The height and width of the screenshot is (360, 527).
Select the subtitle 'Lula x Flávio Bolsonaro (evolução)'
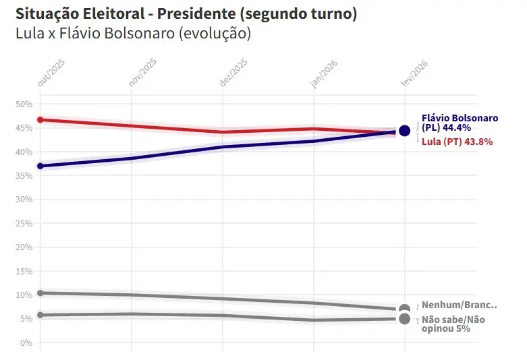(133, 33)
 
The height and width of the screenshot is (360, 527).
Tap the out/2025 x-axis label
(50, 71)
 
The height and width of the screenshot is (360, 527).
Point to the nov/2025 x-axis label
(142, 71)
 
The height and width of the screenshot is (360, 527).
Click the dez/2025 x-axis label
(233, 71)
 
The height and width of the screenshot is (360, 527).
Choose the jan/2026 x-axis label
(324, 71)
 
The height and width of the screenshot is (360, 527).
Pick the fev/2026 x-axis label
(414, 71)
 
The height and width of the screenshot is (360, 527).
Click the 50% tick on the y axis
(24, 104)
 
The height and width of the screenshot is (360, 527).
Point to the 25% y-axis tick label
(24, 224)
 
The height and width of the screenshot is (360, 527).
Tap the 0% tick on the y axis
(26, 343)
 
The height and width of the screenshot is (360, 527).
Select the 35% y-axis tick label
(24, 176)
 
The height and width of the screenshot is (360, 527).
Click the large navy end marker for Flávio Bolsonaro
(404, 131)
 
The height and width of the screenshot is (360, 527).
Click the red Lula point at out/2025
(40, 120)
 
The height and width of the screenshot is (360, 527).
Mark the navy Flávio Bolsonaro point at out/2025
(40, 166)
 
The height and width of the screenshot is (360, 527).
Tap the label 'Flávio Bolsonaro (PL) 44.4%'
(460, 123)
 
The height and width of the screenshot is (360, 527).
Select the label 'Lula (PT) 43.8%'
(457, 142)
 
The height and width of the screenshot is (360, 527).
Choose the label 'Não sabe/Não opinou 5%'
(453, 324)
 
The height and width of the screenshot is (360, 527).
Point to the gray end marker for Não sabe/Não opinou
(404, 319)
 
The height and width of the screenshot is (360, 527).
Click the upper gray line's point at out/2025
(40, 293)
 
